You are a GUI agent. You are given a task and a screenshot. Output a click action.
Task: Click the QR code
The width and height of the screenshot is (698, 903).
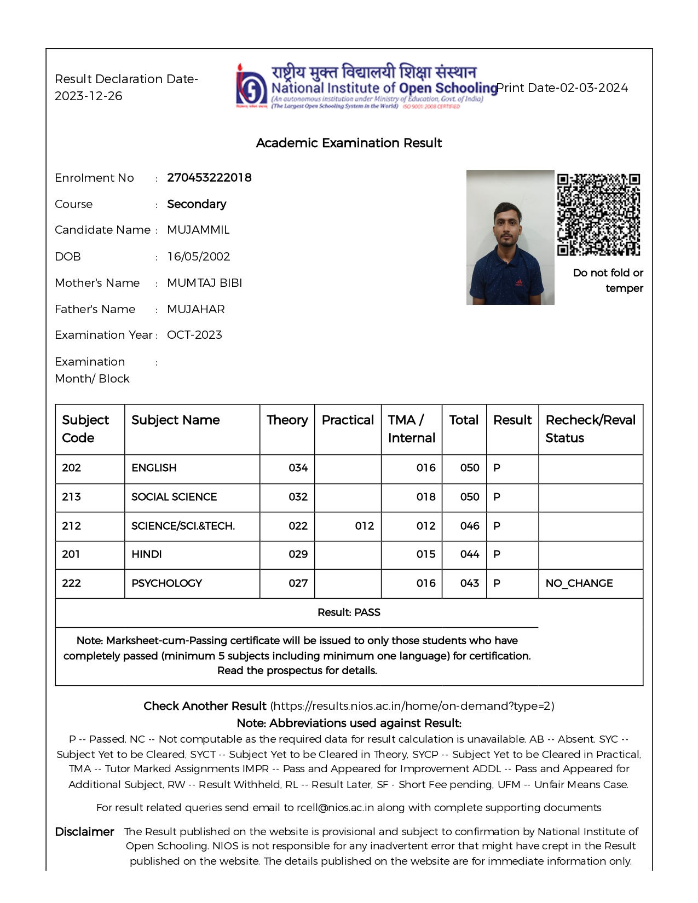coord(598,215)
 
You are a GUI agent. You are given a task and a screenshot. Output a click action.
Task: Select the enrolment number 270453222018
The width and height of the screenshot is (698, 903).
coord(209,178)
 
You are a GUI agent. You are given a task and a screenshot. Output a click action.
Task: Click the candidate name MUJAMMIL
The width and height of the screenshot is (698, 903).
coord(198,230)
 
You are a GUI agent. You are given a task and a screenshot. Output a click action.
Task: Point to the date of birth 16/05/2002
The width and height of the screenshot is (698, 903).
coord(198,257)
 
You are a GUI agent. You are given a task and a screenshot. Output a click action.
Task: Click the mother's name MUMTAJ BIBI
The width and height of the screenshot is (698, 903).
coord(204,283)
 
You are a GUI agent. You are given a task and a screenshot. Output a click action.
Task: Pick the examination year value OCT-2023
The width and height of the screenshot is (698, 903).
coord(194,335)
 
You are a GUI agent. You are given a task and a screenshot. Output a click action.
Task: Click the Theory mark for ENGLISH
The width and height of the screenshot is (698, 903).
coord(298,468)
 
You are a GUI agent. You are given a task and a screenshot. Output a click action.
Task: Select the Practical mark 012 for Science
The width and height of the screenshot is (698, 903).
coord(364,526)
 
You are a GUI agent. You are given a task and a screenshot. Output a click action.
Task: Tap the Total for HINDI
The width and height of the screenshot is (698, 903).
coord(469,554)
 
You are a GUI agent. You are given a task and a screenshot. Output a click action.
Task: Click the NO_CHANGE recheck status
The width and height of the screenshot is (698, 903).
coord(579,583)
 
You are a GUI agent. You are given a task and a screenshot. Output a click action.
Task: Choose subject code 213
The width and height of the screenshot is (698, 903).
coord(71,497)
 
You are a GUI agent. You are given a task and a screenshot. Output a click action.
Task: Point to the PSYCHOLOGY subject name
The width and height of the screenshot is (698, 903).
coord(166,583)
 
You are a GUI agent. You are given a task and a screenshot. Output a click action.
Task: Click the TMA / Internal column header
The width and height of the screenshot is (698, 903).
coord(411,429)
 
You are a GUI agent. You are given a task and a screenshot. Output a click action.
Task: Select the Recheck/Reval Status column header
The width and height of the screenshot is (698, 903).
coord(590,429)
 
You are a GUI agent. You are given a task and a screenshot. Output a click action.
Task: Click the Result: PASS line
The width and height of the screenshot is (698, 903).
coord(349,612)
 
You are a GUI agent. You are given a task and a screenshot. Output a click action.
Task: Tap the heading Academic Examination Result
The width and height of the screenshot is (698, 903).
coord(349,143)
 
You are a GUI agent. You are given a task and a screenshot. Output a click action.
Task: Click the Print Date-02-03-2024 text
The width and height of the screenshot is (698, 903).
coord(562,88)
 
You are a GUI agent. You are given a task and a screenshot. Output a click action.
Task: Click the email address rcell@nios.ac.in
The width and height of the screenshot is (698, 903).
coord(335,808)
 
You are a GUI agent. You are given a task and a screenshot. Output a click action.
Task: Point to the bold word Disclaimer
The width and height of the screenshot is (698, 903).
coord(84,832)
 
